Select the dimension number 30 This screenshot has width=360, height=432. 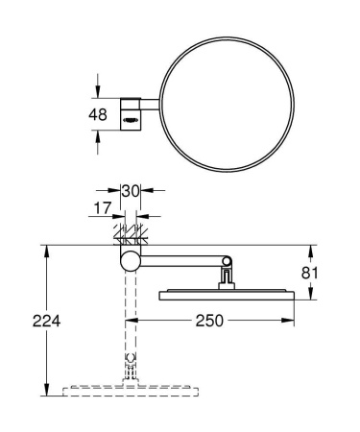coord(130,191)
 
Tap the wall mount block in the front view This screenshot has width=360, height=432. coord(130,112)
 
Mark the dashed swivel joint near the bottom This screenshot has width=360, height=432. coord(130,365)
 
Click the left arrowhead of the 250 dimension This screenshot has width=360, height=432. coord(134,321)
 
